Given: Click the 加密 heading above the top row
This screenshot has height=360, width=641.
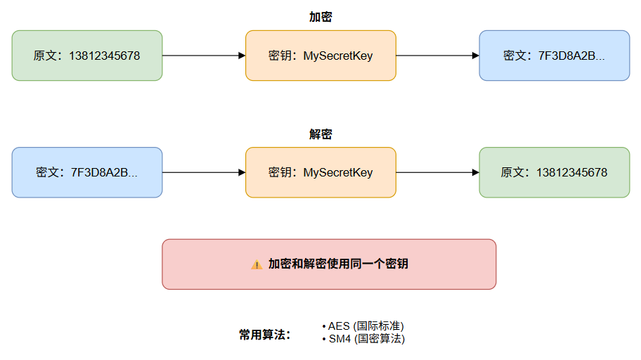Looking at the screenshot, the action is click(320, 17).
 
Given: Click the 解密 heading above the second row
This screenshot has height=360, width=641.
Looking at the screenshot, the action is click(320, 134).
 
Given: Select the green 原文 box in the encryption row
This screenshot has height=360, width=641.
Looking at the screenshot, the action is click(87, 56).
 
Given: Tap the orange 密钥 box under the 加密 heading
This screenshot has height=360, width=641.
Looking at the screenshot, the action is click(321, 56).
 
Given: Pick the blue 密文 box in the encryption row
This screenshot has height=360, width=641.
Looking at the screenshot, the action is click(555, 56).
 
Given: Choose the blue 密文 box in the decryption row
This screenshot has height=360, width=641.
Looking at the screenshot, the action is click(87, 173).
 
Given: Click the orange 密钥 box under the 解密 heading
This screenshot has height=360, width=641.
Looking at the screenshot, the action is click(321, 173).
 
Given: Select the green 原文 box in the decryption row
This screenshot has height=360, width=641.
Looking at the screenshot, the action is click(555, 173).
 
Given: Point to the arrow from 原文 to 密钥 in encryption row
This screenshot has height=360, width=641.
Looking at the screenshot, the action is click(204, 56).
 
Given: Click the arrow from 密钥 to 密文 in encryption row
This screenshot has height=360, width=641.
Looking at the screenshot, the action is click(438, 56).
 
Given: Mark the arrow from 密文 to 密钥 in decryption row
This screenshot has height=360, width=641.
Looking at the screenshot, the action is click(204, 173).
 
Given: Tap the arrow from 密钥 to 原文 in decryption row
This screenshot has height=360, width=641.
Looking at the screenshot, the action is click(438, 173).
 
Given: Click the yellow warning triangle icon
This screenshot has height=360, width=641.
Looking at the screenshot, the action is click(257, 264).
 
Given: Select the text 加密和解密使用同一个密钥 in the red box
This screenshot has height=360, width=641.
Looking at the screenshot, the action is click(338, 264).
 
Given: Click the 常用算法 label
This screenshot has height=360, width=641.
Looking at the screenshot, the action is click(264, 335).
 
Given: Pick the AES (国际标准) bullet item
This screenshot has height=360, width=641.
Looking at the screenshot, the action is click(363, 326).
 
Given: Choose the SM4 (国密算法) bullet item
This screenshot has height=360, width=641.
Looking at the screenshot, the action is click(363, 339).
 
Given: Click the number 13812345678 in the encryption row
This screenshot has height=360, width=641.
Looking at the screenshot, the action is click(104, 56).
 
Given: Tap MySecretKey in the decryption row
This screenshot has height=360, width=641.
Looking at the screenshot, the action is click(338, 173).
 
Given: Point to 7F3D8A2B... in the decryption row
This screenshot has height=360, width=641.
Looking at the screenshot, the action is click(104, 173).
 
